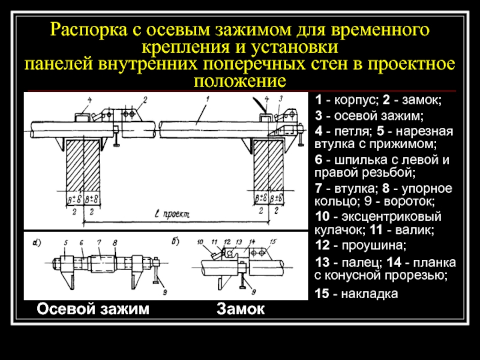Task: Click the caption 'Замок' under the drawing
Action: pos(241,308)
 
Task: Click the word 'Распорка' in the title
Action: pos(85,30)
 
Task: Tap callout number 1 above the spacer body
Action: pos(206,98)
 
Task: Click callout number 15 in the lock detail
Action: pos(273,242)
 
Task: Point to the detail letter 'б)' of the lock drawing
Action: pos(175,242)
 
